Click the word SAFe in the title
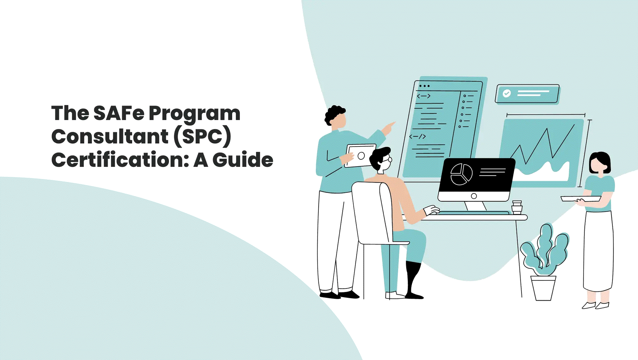click(119, 113)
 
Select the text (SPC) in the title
click(202, 136)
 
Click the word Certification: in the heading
click(120, 160)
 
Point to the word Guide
click(243, 160)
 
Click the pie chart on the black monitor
click(461, 174)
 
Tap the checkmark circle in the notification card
click(507, 93)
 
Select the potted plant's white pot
click(543, 288)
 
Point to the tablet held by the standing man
click(360, 156)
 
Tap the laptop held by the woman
click(581, 199)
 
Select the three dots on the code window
click(424, 86)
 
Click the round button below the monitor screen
click(474, 196)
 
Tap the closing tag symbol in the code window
click(417, 137)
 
